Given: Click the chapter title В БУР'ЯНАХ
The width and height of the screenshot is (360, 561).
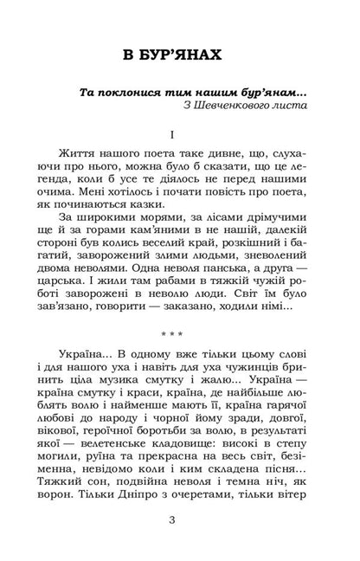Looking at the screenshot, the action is [180, 56].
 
